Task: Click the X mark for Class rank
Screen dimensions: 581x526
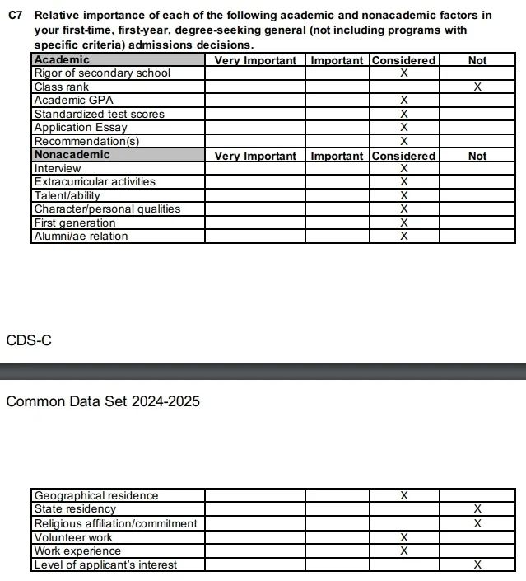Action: [477, 87]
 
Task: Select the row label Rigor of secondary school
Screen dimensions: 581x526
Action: [102, 73]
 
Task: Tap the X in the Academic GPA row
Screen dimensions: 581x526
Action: [403, 101]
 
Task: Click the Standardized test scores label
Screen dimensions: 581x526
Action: [99, 114]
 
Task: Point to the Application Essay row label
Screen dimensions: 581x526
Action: [81, 128]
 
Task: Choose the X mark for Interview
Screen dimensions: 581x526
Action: [403, 168]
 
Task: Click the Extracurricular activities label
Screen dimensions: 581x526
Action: [95, 181]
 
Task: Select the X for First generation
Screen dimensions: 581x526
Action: [403, 223]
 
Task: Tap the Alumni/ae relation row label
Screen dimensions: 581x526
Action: [81, 237]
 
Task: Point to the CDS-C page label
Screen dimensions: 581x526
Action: [29, 340]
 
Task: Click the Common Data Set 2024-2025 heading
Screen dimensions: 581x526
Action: [103, 401]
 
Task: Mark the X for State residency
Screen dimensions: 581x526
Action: [477, 509]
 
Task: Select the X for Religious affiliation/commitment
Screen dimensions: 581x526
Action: [477, 523]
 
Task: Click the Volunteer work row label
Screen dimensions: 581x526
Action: [73, 537]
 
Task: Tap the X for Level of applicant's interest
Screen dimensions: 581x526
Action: [477, 565]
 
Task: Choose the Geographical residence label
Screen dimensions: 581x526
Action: [95, 495]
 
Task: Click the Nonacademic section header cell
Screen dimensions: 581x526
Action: [72, 155]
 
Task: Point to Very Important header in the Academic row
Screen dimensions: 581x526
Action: [255, 60]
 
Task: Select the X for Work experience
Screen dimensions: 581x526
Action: [403, 551]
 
